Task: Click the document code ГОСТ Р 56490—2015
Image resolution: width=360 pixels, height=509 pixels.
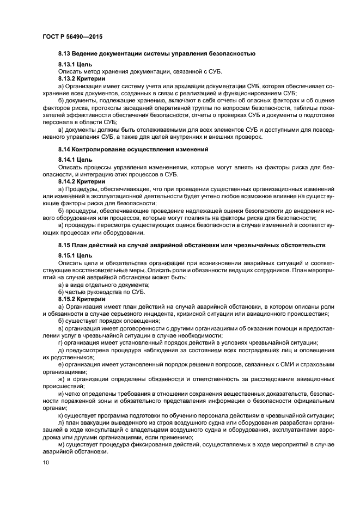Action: tap(72, 36)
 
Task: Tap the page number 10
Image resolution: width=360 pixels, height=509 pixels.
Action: tap(45, 463)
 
